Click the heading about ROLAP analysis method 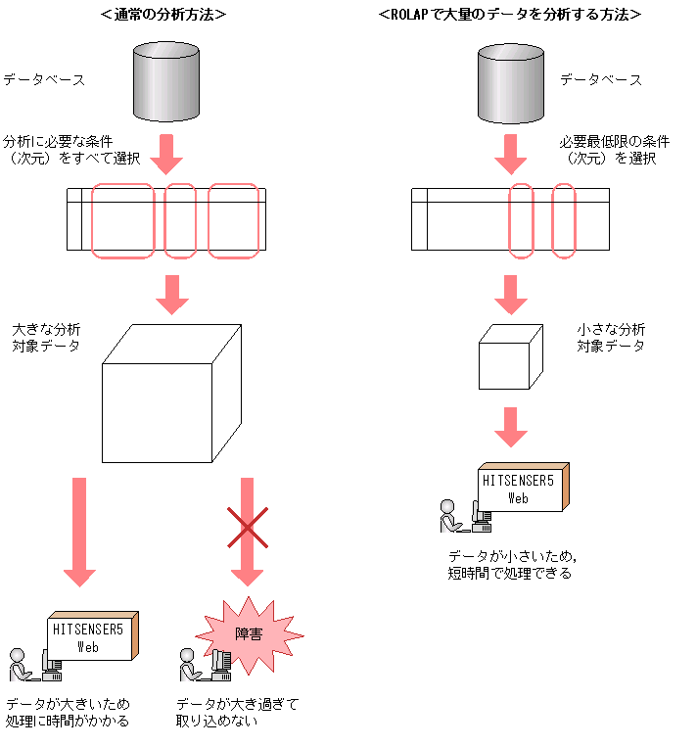pos(510,15)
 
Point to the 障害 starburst pos(249,634)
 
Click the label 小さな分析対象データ pos(611,338)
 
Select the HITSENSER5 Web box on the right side pos(522,487)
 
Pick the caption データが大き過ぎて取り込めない pos(237,712)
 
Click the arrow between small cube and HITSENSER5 pos(510,424)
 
